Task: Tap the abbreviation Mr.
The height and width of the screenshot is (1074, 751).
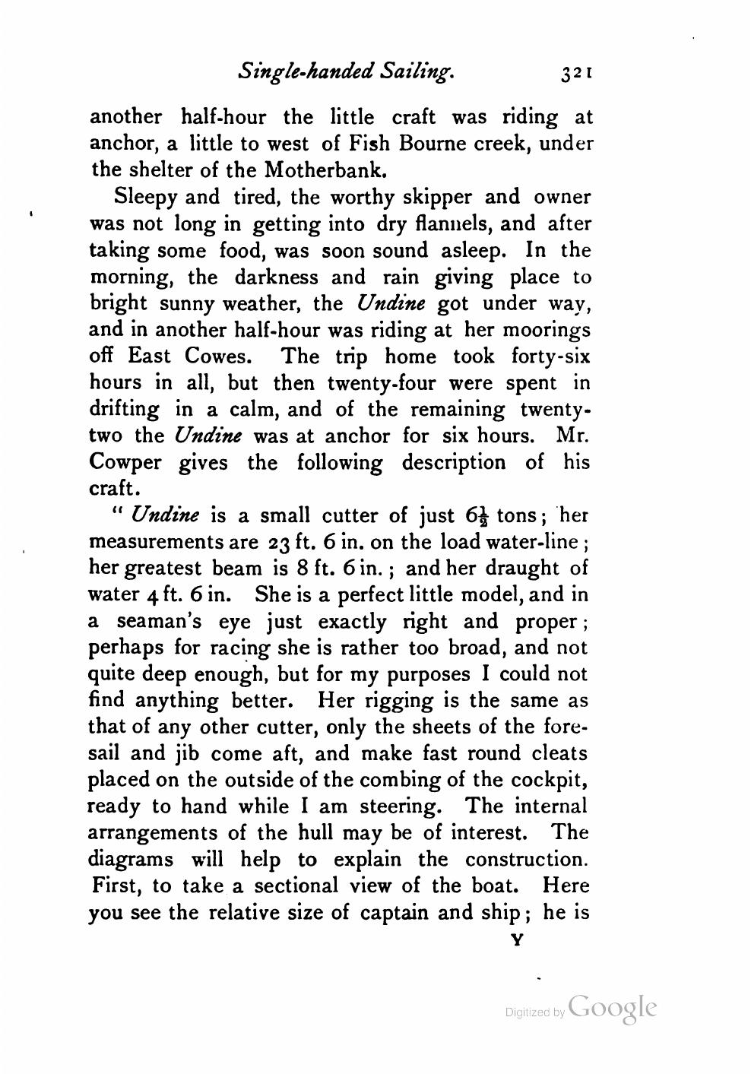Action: [573, 436]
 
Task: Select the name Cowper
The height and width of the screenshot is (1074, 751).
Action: [127, 463]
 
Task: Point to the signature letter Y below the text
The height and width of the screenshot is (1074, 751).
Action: [518, 940]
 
